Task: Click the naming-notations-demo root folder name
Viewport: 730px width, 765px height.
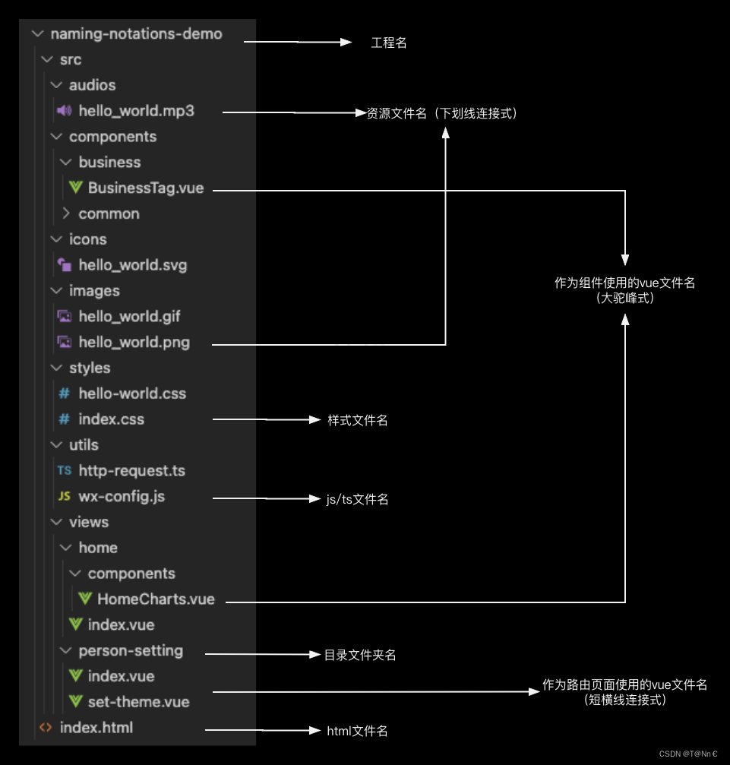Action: point(136,34)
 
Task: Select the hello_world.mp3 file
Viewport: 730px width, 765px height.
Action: point(136,111)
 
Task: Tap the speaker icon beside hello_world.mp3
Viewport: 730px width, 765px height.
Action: point(64,111)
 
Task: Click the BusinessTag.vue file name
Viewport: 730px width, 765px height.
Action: point(146,188)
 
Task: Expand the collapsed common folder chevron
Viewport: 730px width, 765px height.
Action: point(66,213)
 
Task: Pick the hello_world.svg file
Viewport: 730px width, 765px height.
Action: point(132,265)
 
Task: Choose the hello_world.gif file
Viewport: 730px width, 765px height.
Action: point(129,316)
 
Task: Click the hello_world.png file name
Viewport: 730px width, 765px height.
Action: point(134,342)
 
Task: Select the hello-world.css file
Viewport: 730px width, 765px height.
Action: point(132,394)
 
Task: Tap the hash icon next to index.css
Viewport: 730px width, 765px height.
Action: point(64,419)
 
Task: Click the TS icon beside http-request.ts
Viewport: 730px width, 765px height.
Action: point(64,471)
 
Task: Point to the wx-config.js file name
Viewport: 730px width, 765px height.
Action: point(122,497)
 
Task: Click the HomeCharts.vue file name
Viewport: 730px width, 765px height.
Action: point(156,599)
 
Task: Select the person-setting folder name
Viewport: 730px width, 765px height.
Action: point(131,651)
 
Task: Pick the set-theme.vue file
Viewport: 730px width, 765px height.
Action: point(138,702)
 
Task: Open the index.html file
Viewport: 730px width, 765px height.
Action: point(96,728)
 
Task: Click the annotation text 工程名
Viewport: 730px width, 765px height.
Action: point(389,43)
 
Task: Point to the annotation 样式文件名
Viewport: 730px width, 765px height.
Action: point(358,420)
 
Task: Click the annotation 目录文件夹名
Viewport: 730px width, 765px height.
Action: point(360,655)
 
